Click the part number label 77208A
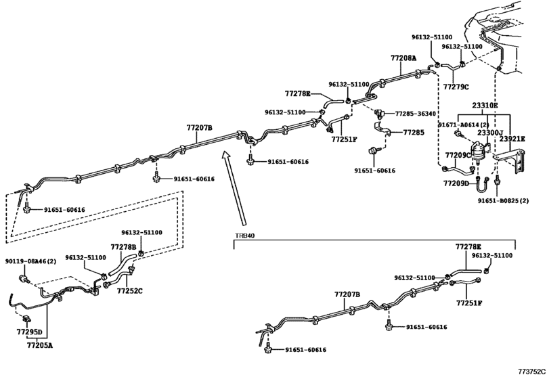[403, 58]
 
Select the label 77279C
[456, 87]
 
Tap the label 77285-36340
[416, 114]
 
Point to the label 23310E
[485, 105]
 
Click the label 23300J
[490, 133]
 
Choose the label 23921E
[512, 139]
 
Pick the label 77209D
[456, 183]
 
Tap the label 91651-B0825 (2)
[504, 200]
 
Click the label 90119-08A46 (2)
[30, 261]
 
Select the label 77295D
[29, 332]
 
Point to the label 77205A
[39, 345]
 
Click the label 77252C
[129, 291]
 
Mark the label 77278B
[124, 247]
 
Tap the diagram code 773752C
[532, 372]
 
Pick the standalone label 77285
[414, 132]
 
